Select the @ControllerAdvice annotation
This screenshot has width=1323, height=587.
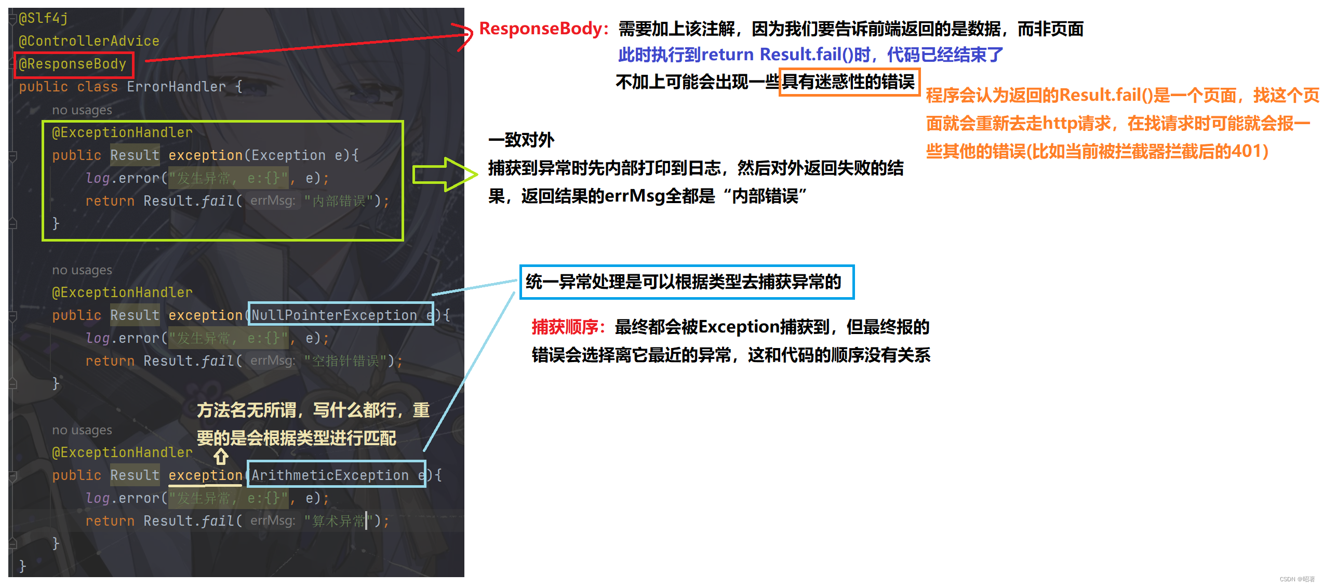[89, 41]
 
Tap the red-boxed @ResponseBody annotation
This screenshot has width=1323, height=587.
[73, 64]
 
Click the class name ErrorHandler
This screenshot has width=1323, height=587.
[176, 87]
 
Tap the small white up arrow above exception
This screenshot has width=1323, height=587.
[221, 457]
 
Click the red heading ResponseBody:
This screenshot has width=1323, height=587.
[543, 29]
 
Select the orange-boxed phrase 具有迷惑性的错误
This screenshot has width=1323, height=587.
[849, 82]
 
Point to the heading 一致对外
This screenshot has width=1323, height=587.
[521, 140]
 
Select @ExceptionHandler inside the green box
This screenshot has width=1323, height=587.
[122, 132]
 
